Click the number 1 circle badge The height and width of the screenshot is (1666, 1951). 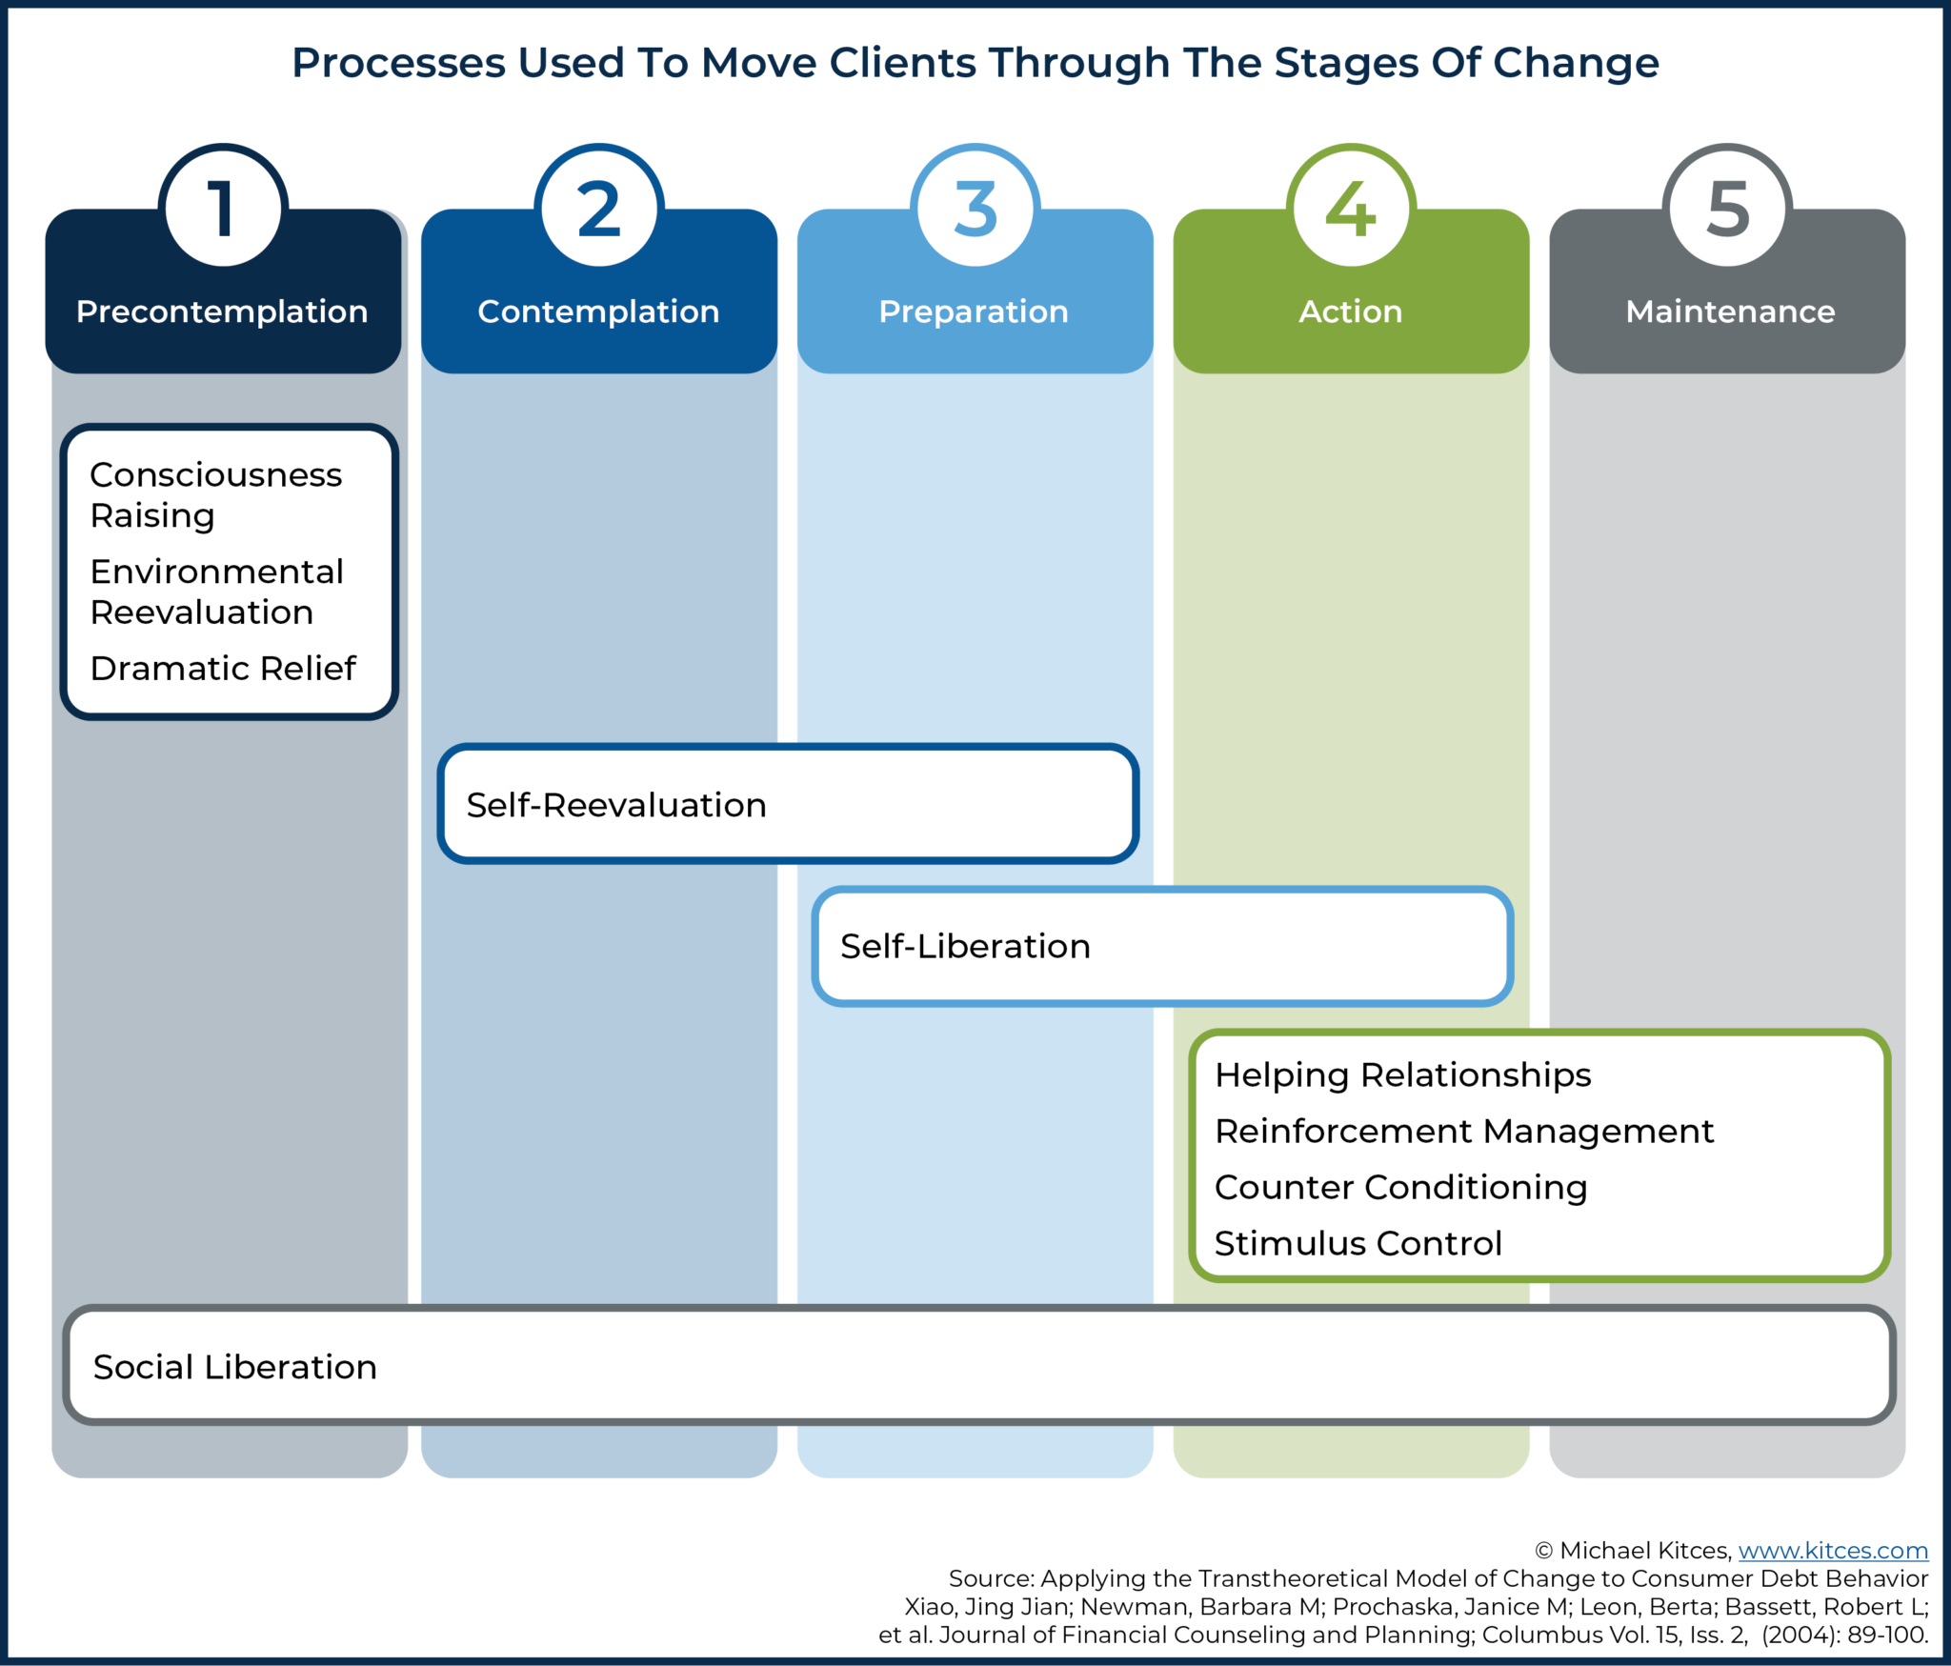click(223, 208)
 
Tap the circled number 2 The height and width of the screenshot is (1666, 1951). click(598, 208)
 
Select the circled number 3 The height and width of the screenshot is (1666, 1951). click(975, 208)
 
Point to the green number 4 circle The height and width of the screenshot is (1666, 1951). click(1351, 208)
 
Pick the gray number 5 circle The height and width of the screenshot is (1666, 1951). click(1727, 208)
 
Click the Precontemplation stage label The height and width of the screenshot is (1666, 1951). click(222, 311)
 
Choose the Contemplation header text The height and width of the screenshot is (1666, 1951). click(598, 311)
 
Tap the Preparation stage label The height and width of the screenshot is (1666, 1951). click(974, 311)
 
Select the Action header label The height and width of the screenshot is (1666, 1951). click(1350, 311)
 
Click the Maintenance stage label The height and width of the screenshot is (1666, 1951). click(1729, 311)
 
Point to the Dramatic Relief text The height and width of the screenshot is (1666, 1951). click(223, 668)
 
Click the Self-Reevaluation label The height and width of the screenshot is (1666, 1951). click(616, 805)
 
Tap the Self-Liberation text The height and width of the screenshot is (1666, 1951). click(965, 946)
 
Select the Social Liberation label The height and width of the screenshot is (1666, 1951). click(235, 1367)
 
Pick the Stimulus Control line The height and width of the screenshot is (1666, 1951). click(1358, 1243)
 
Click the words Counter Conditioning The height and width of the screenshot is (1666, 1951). click(1400, 1187)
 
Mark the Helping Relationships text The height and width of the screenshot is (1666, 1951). click(1402, 1074)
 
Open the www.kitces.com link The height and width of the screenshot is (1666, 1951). click(1832, 1551)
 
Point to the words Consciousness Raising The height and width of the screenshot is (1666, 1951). click(215, 494)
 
